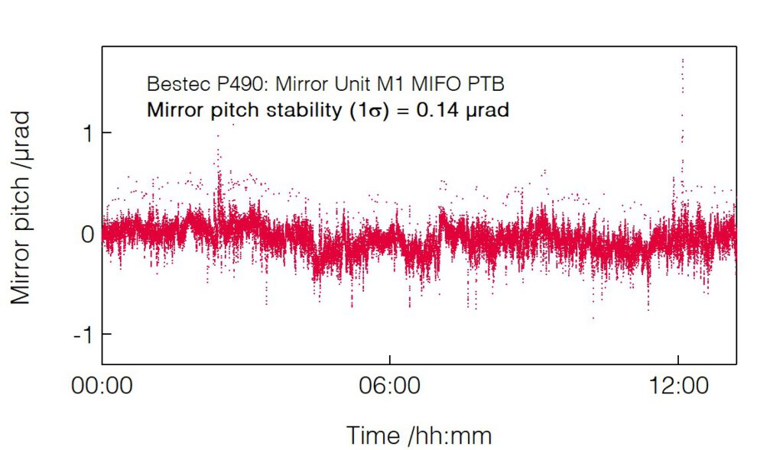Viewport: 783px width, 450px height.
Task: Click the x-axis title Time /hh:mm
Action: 419,435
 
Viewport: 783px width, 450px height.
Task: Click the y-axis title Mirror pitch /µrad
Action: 21,208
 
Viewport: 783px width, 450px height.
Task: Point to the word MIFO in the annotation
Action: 439,83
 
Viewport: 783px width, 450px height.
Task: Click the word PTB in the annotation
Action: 488,83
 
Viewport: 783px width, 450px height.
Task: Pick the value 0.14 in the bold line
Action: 439,110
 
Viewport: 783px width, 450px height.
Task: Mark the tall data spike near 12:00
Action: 681,99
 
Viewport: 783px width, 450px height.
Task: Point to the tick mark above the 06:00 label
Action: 390,361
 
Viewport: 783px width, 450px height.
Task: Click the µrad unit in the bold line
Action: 487,110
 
